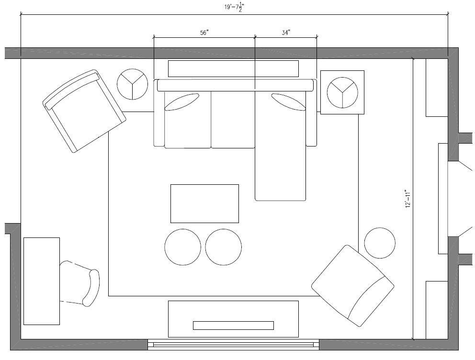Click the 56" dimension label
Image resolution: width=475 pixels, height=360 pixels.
click(204, 33)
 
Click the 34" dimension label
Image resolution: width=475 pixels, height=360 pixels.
click(286, 33)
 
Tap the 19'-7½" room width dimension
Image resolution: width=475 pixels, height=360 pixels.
click(234, 7)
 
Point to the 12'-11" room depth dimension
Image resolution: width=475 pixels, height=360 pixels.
click(408, 199)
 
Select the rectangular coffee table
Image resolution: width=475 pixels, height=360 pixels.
click(204, 203)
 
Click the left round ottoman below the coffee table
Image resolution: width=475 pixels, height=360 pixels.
click(182, 247)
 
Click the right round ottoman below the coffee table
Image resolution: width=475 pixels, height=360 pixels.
click(224, 247)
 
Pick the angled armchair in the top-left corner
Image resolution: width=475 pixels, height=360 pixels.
click(84, 111)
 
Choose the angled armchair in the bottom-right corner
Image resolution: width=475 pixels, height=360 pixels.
click(353, 286)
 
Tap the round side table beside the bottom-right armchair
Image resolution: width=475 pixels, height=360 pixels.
click(380, 243)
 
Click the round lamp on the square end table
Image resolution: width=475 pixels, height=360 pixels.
click(342, 92)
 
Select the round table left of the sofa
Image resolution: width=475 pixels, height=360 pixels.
click(132, 84)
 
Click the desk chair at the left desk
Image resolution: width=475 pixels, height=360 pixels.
click(79, 283)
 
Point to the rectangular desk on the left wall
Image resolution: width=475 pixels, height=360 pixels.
click(42, 281)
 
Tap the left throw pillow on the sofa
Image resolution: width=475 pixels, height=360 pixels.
click(182, 102)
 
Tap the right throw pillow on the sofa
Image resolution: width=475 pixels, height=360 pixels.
click(288, 102)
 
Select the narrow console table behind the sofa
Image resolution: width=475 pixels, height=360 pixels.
click(233, 69)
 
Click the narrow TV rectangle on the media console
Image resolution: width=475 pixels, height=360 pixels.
click(233, 325)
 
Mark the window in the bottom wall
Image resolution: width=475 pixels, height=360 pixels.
click(233, 345)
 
